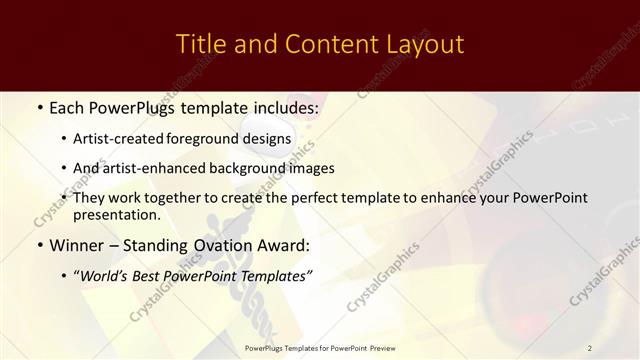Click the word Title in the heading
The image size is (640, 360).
[200, 45]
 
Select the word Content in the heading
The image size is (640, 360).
[325, 45]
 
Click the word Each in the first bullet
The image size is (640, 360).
[67, 105]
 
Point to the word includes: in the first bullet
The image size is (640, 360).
[281, 105]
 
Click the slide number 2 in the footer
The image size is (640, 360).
[590, 347]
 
